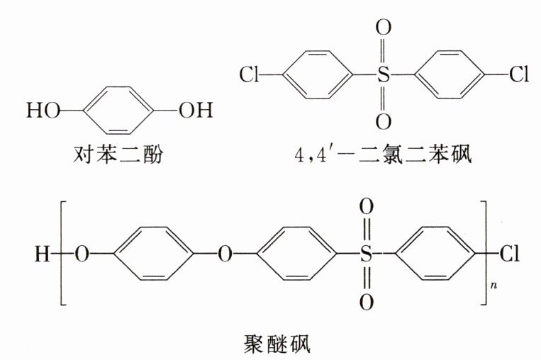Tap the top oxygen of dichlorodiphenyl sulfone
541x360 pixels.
click(383, 30)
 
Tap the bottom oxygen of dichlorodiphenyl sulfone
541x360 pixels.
click(383, 121)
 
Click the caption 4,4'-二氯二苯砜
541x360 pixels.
click(383, 153)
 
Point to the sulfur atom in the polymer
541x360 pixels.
click(365, 254)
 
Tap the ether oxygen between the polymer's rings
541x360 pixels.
click(225, 254)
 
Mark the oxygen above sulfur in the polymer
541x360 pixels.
click(365, 208)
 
